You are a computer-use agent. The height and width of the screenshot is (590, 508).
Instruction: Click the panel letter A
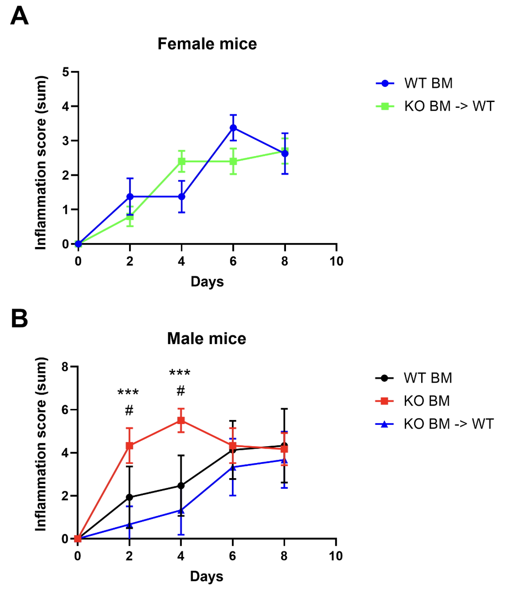click(x=19, y=17)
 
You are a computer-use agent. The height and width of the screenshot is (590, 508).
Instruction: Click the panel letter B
click(x=19, y=319)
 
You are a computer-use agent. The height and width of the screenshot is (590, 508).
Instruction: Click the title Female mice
click(x=207, y=44)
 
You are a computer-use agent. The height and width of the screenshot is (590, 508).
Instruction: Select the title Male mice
click(x=206, y=338)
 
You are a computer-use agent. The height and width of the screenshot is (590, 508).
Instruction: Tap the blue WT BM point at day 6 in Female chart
click(x=233, y=128)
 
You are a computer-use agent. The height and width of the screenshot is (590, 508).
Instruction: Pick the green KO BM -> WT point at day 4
click(x=181, y=161)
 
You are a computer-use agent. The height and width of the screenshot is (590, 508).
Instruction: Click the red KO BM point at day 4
click(x=181, y=420)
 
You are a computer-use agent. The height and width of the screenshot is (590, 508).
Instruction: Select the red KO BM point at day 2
click(x=129, y=446)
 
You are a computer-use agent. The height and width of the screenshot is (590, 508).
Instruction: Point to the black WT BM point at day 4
click(x=181, y=486)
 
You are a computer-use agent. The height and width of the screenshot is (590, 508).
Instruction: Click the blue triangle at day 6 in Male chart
click(x=233, y=467)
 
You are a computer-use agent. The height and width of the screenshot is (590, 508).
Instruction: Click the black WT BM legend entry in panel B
click(x=414, y=378)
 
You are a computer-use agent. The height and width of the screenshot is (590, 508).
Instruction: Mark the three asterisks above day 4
click(x=180, y=373)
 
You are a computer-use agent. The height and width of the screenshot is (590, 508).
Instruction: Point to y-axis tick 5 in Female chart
click(x=66, y=72)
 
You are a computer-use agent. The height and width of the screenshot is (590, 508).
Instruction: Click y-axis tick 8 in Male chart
click(x=65, y=367)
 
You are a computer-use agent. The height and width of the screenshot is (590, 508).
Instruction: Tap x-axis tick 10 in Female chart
click(x=336, y=261)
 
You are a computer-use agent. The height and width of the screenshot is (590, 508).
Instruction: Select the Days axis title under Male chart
click(x=206, y=576)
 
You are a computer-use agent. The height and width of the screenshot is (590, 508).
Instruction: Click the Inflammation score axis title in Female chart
click(x=41, y=163)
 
